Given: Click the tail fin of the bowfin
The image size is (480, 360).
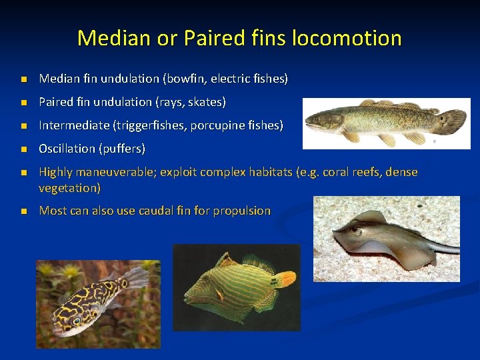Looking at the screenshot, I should click(x=453, y=121).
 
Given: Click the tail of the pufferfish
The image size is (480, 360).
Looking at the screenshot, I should click(x=137, y=277).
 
